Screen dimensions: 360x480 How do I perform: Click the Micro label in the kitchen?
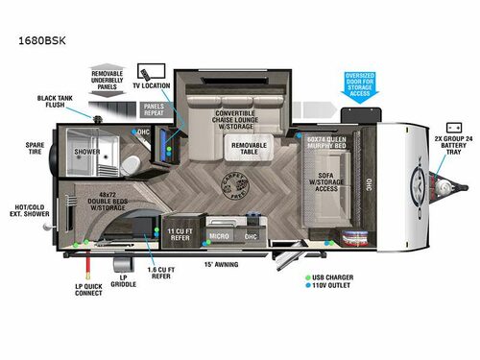pos(218,234)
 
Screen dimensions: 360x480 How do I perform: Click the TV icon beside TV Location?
pos(145,72)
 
